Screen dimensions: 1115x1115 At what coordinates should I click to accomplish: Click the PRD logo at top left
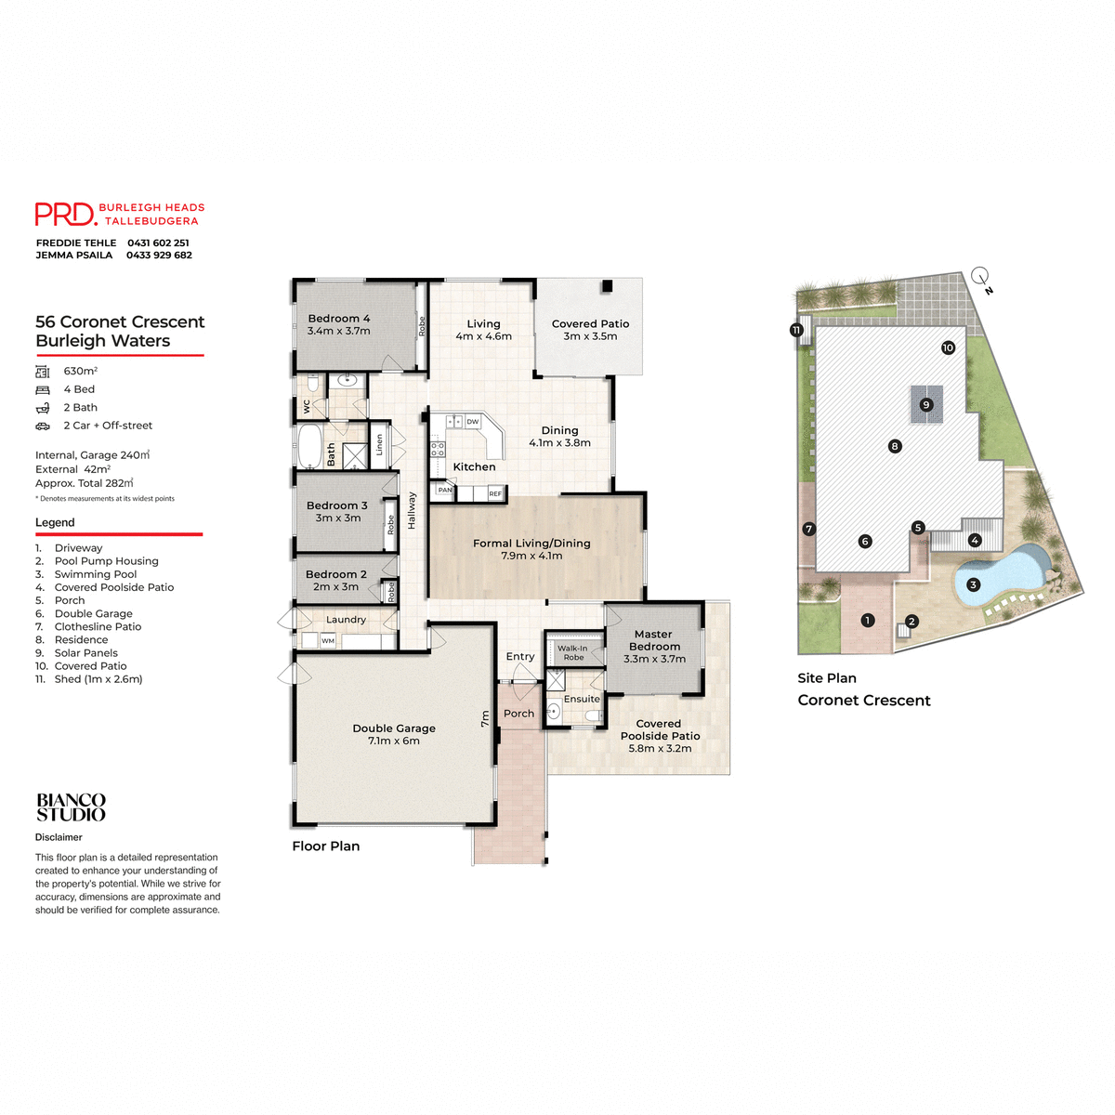tap(65, 215)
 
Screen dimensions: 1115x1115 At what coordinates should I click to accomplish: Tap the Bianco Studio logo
tap(71, 807)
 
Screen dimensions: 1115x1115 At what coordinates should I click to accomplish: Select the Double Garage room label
tap(394, 734)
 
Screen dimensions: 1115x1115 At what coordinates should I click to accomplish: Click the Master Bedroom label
tap(654, 646)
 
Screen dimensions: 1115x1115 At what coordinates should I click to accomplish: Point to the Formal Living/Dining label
tap(531, 549)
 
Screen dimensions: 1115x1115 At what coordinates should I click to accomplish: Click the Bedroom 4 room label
tap(338, 324)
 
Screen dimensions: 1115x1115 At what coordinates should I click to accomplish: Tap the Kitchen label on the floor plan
tap(474, 467)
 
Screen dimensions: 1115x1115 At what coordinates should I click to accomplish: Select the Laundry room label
tap(346, 620)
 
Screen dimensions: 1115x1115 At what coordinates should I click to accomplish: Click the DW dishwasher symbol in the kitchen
tap(473, 422)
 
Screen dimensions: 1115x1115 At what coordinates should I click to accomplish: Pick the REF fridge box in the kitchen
tap(495, 494)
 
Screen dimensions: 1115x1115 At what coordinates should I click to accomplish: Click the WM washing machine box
tap(328, 641)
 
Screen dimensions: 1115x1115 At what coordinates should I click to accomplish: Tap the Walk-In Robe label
tap(572, 652)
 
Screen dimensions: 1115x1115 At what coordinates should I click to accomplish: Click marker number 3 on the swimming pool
tap(973, 585)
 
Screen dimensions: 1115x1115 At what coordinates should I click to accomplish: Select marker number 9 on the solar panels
tap(925, 405)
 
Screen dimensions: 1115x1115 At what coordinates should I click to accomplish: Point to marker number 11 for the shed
tap(796, 330)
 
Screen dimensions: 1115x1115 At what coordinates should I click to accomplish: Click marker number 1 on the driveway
tap(867, 620)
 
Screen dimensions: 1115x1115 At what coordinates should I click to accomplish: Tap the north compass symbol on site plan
tap(980, 277)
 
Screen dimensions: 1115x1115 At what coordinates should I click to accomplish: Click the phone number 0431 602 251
tap(158, 243)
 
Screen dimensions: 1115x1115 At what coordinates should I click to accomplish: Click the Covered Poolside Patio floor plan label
tap(660, 736)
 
